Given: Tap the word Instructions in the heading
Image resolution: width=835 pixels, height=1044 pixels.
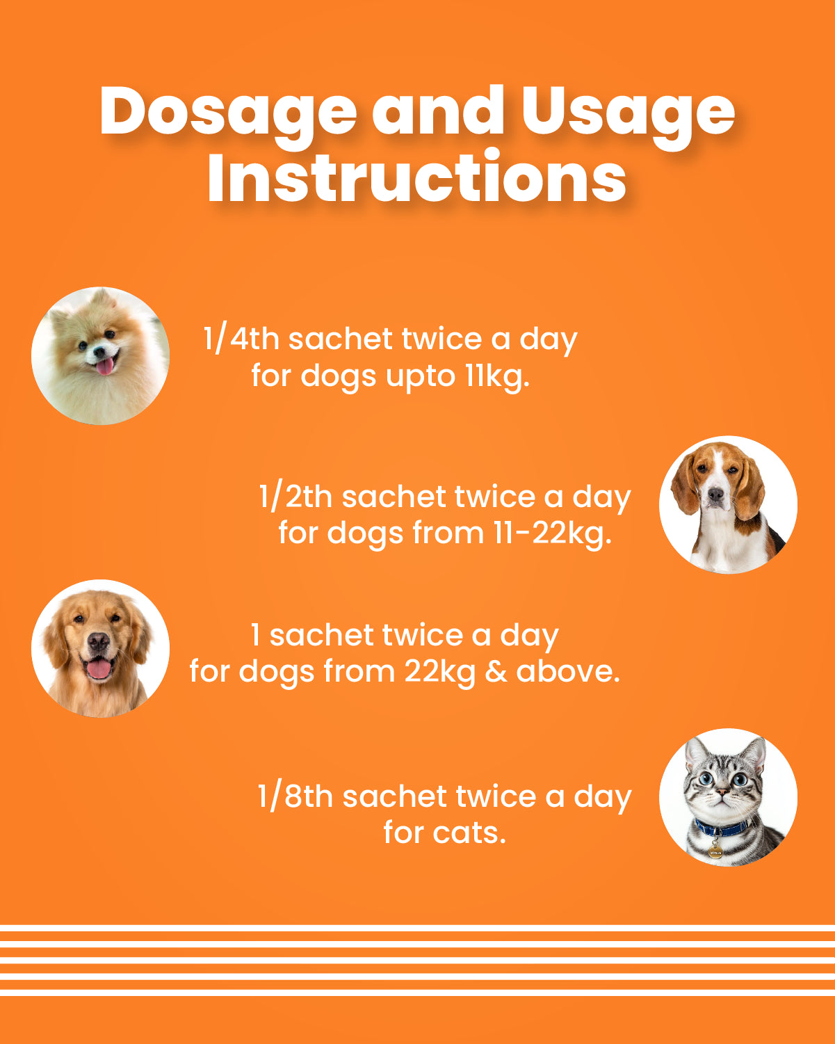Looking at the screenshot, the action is tap(417, 177).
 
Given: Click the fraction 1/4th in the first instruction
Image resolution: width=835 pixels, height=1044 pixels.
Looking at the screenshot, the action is tap(241, 339).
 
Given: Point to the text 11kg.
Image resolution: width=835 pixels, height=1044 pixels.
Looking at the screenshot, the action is tap(497, 376).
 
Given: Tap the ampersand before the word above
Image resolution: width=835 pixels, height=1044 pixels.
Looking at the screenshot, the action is tap(496, 671).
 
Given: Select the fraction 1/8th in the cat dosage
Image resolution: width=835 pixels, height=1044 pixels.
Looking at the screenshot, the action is tap(295, 796).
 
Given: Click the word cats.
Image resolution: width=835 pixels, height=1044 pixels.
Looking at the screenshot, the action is tap(469, 833).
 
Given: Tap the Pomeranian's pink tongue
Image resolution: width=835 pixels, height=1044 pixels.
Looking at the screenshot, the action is tap(105, 367).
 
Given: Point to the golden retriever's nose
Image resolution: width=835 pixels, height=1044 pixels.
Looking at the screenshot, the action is tap(99, 641).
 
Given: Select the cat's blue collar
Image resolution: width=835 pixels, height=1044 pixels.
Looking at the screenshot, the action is tap(721, 828).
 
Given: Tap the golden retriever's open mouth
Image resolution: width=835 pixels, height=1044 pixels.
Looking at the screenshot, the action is tap(99, 668).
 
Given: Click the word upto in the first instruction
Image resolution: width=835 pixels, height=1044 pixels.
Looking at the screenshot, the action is tap(421, 377).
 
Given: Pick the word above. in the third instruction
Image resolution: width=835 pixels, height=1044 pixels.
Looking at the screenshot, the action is tap(568, 671).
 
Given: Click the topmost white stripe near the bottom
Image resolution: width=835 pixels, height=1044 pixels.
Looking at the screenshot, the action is tap(417, 928).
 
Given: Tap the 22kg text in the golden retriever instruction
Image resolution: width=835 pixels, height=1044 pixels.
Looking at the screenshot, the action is tap(440, 673).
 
